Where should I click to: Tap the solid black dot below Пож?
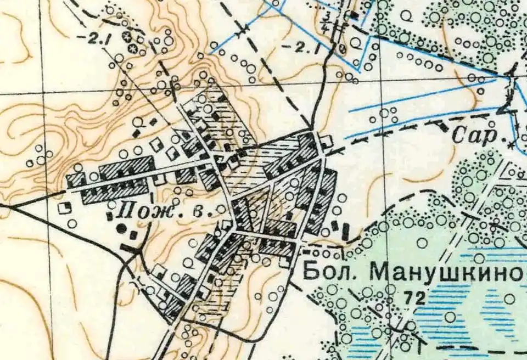click(120, 227)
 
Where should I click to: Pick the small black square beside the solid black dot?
click(133, 235)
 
